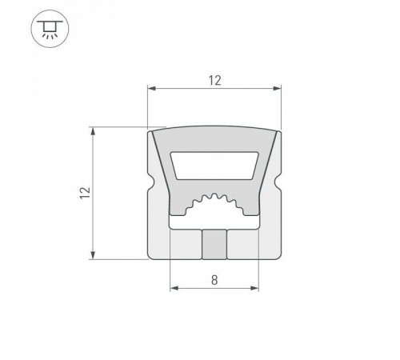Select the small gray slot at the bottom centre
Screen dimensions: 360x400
pyautogui.click(x=214, y=245)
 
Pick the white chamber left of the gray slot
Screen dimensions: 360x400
pyautogui.click(x=187, y=245)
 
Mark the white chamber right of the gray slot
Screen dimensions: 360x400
pyautogui.click(x=242, y=245)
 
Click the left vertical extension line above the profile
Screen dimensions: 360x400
pyautogui.click(x=149, y=104)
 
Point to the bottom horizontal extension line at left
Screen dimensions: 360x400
pyautogui.click(x=120, y=258)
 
